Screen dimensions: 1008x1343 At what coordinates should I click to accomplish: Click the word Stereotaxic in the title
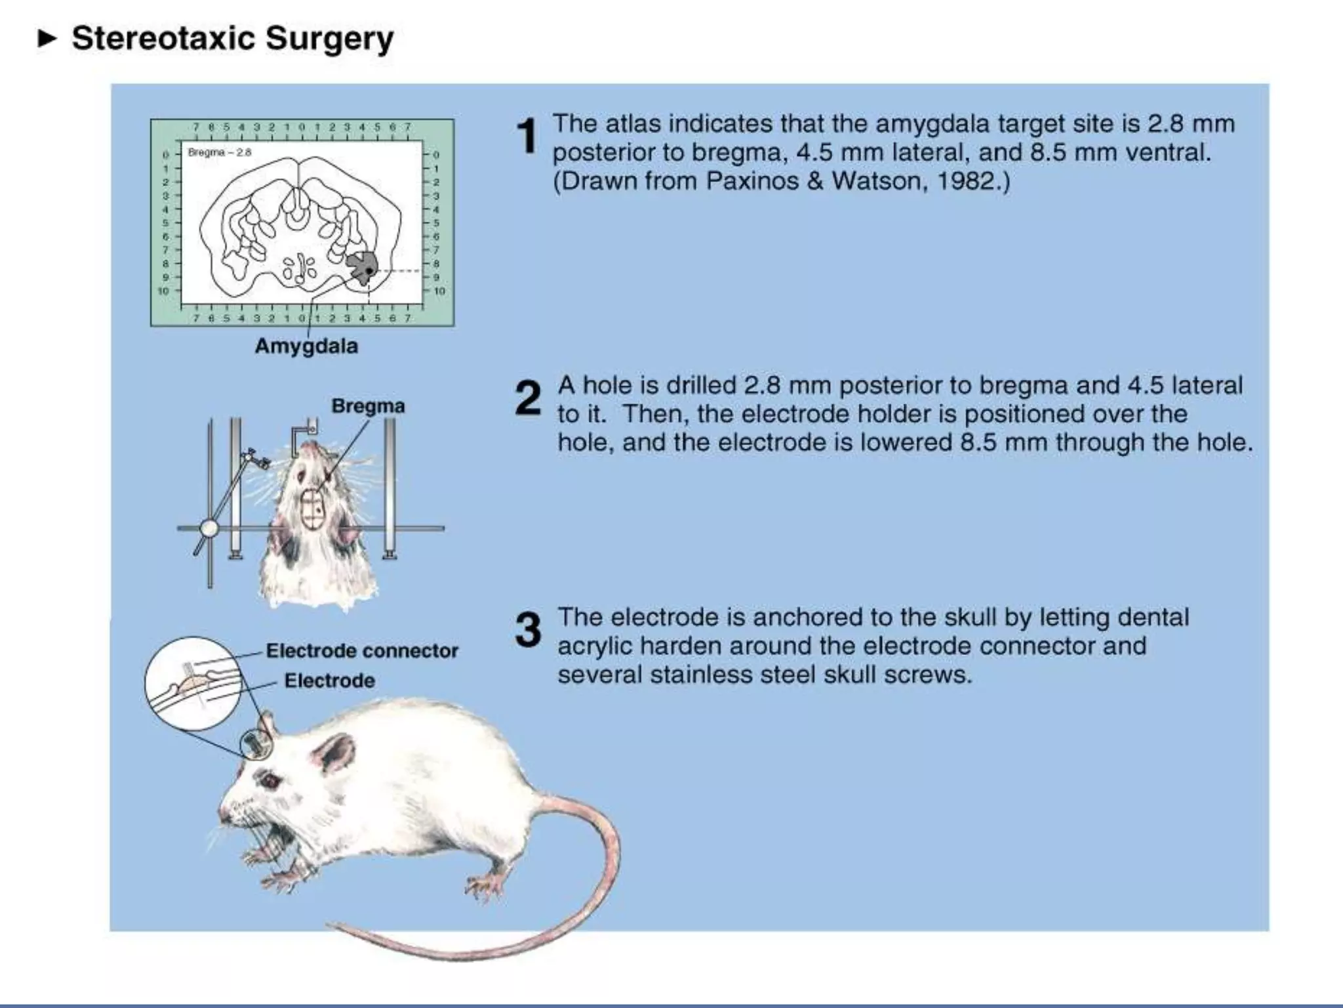click(x=163, y=38)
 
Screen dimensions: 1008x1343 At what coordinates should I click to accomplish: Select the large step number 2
click(x=528, y=398)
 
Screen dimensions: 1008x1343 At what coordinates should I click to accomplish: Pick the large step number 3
click(x=528, y=630)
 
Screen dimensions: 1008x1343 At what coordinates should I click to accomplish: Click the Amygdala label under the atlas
click(x=306, y=346)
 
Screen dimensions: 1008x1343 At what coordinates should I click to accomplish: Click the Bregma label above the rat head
click(x=368, y=406)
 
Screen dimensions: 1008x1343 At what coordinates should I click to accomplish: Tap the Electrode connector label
click(x=362, y=651)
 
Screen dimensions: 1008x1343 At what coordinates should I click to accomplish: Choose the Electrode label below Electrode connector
click(x=329, y=681)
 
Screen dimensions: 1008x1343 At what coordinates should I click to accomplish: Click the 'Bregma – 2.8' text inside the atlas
click(x=220, y=153)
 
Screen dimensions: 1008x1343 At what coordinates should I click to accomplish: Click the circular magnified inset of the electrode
click(x=193, y=684)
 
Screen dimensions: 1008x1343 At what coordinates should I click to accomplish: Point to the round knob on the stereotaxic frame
click(x=209, y=528)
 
